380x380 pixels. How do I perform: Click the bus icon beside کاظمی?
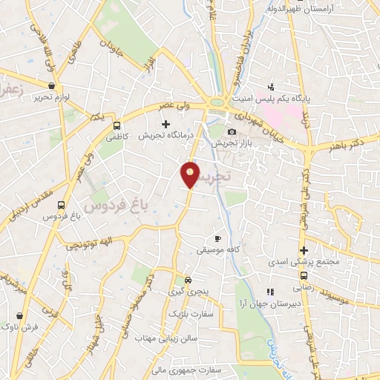pos(117,125)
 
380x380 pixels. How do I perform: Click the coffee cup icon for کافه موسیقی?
pos(217,238)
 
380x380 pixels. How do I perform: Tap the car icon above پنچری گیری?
pos(189,280)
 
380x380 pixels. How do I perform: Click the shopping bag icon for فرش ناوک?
pos(19,315)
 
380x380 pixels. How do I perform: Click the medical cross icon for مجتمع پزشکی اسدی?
pos(303,250)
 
